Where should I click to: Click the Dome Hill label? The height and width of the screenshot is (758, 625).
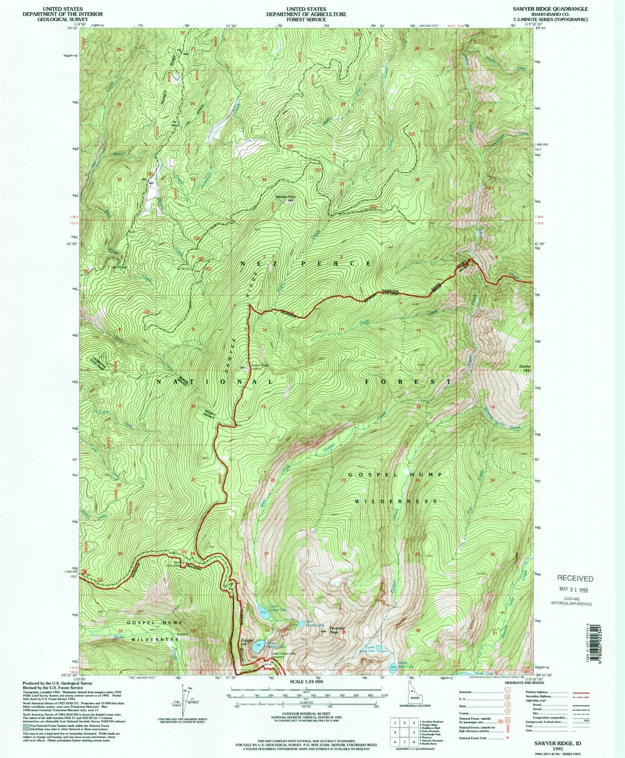525,368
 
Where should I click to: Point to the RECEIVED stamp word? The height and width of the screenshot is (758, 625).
575,578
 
